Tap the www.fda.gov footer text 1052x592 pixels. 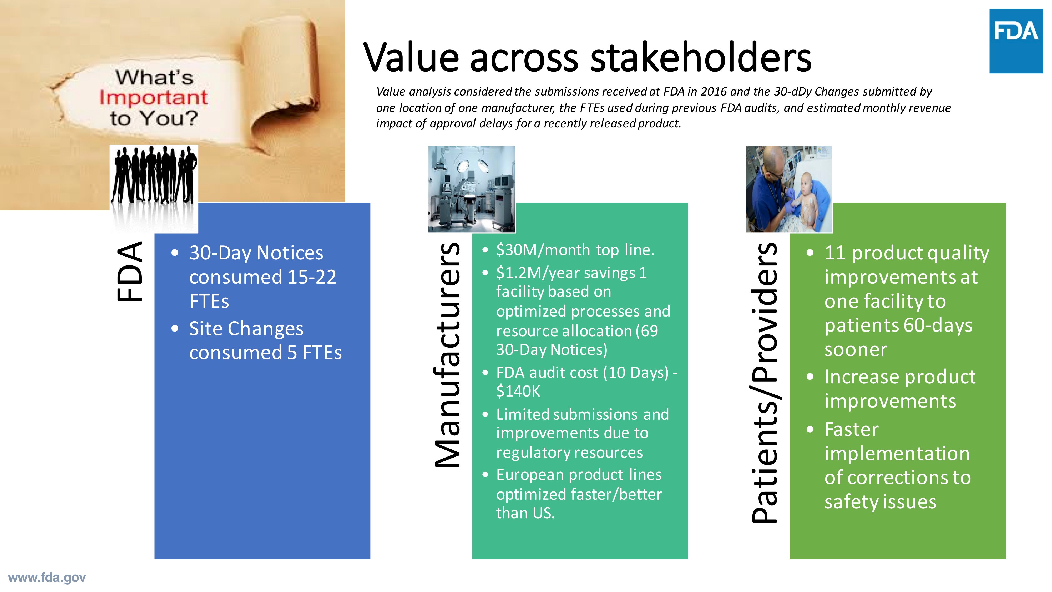tap(47, 578)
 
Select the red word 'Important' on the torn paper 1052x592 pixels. tap(153, 98)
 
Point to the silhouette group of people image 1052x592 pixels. tap(154, 176)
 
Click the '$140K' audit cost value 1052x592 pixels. tap(518, 392)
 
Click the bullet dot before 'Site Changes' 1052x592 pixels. tap(175, 329)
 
